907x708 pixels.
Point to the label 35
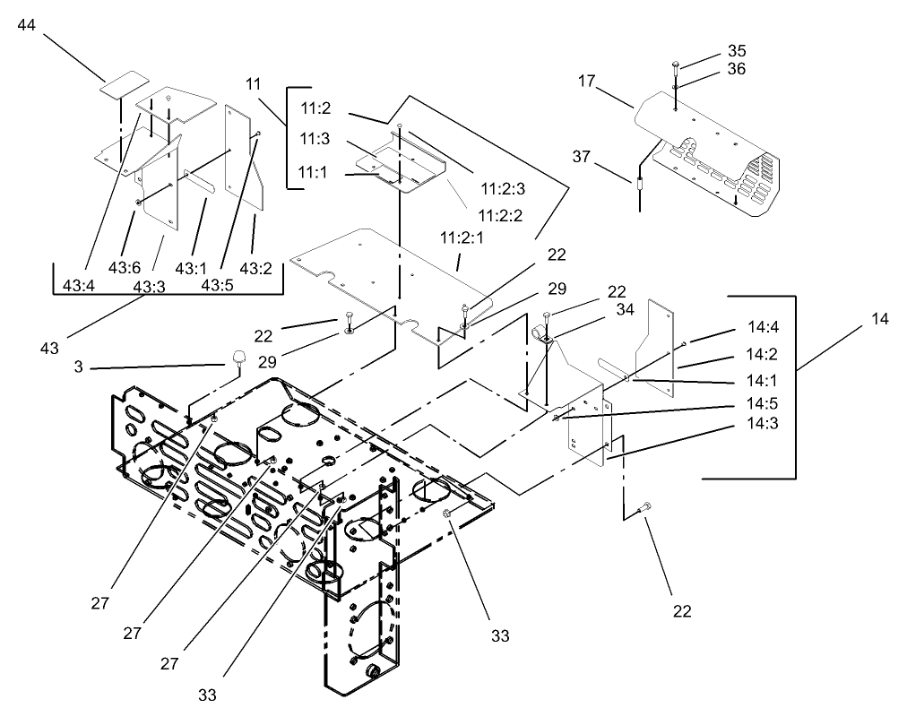737,51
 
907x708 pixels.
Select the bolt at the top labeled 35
675,65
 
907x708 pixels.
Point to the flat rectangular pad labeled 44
123,83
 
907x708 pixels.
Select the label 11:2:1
461,237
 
